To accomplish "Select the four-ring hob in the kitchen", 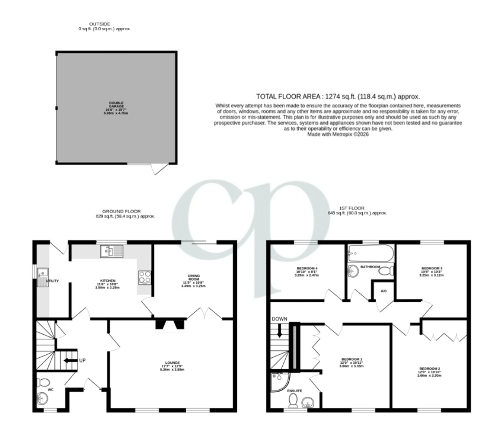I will [x=144, y=276].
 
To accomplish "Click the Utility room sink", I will [x=43, y=276].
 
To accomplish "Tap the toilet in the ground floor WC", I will [x=43, y=383].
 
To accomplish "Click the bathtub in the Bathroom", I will [x=370, y=254].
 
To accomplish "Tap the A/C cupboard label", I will [x=384, y=291].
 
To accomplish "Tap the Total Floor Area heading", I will [x=338, y=96].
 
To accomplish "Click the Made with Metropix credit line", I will [x=338, y=134].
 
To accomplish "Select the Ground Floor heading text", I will [x=121, y=212].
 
